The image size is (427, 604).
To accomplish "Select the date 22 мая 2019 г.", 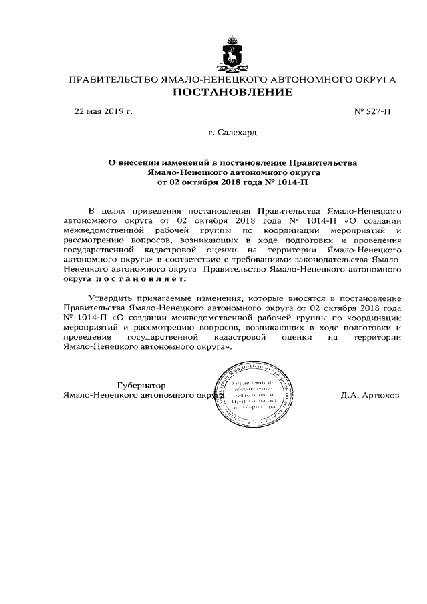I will point(103,111).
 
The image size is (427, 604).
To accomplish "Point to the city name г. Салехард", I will point(232,134).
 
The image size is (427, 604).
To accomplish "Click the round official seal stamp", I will point(256,398).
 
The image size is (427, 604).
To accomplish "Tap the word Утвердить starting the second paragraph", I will point(113,297).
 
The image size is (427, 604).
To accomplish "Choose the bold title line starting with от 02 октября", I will point(233,181).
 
